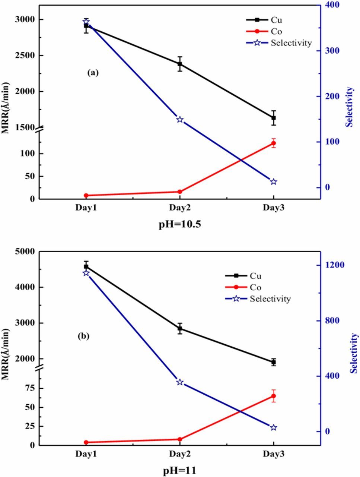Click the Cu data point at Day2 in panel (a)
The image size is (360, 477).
(180, 64)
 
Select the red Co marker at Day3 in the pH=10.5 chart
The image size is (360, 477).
(274, 143)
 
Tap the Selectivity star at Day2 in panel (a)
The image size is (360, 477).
(180, 120)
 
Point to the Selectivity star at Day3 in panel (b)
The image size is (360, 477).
(274, 427)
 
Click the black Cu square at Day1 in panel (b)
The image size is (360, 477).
(86, 266)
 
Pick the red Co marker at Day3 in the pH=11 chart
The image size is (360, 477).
(274, 396)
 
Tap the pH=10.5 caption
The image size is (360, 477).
(180, 224)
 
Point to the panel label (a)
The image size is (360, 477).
(93, 73)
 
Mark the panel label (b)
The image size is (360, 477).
(83, 336)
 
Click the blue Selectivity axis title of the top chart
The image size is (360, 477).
(349, 107)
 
